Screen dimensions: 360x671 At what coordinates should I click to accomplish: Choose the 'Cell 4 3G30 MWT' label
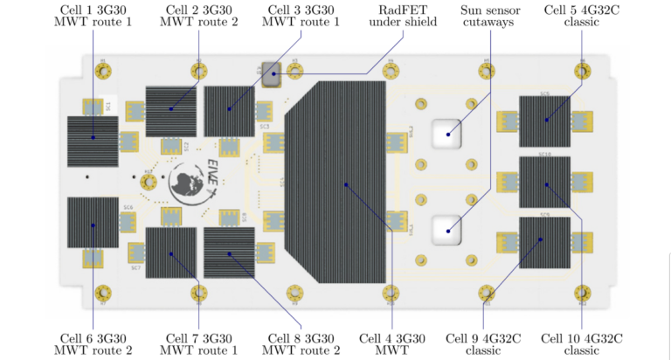(392, 343)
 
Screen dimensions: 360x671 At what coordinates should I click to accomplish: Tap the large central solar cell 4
(344, 183)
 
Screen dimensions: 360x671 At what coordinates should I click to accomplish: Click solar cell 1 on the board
(93, 140)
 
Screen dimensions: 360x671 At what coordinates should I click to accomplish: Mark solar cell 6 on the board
(93, 223)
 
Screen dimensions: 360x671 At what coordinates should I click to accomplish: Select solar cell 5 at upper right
(545, 121)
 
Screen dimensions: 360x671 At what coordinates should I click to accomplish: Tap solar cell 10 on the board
(545, 183)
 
